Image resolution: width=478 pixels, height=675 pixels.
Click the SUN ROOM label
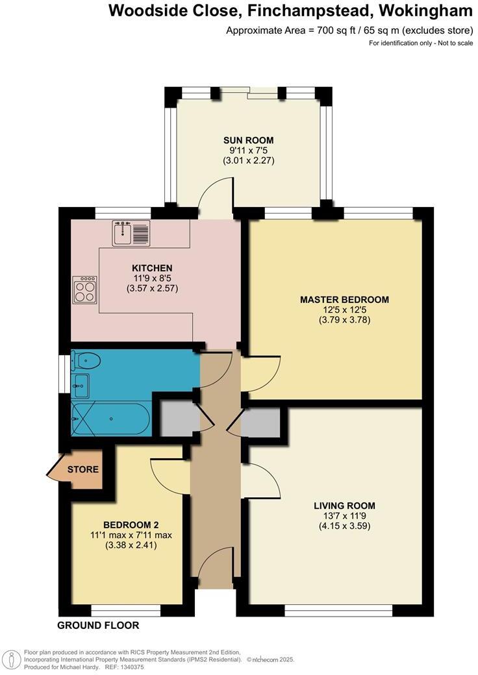pyautogui.click(x=248, y=140)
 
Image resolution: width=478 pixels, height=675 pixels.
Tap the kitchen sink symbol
pyautogui.click(x=131, y=233)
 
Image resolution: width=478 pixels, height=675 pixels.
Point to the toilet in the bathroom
pyautogui.click(x=86, y=361)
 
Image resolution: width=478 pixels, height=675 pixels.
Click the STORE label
pyautogui.click(x=83, y=469)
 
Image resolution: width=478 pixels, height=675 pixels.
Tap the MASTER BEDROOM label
pyautogui.click(x=344, y=300)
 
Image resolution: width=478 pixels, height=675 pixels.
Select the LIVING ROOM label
pyautogui.click(x=344, y=506)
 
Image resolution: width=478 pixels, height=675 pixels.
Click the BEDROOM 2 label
pyautogui.click(x=131, y=525)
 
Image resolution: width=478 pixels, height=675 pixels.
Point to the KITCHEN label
pyautogui.click(x=152, y=268)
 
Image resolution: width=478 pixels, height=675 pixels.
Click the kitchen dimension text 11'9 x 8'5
pyautogui.click(x=152, y=278)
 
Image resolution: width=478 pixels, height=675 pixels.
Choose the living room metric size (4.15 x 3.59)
pyautogui.click(x=344, y=526)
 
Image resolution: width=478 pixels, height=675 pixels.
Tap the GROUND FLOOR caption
pyautogui.click(x=98, y=626)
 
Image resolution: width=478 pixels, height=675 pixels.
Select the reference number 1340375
pyautogui.click(x=130, y=667)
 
